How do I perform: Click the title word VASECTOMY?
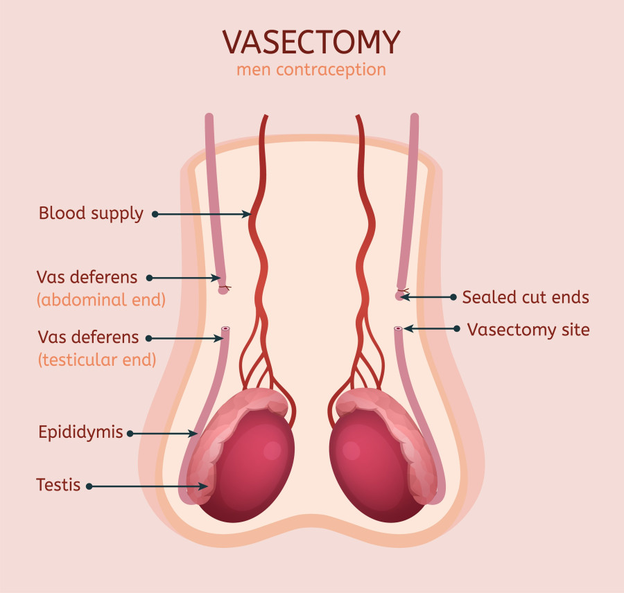[x=311, y=42]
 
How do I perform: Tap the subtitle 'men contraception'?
[x=311, y=69]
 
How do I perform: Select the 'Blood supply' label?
[x=91, y=213]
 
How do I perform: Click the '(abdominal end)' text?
[x=101, y=299]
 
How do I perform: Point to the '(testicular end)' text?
[x=96, y=360]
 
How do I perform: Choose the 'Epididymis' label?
[x=80, y=432]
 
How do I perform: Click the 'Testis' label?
[x=58, y=485]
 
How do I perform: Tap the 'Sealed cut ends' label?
[x=526, y=297]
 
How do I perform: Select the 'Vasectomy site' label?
[x=528, y=330]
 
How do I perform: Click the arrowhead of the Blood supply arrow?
[x=248, y=214]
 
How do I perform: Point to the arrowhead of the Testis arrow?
[x=204, y=486]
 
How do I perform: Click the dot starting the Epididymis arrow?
[x=130, y=434]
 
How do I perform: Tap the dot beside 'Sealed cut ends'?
[x=453, y=297]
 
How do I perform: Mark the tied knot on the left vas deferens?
[x=224, y=287]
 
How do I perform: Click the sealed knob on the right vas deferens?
[x=399, y=296]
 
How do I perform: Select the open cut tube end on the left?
[x=225, y=329]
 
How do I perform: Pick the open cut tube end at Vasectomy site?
[x=399, y=329]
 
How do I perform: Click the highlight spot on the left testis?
[x=272, y=450]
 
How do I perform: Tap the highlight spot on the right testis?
[x=352, y=450]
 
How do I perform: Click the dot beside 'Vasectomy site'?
[x=457, y=329]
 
